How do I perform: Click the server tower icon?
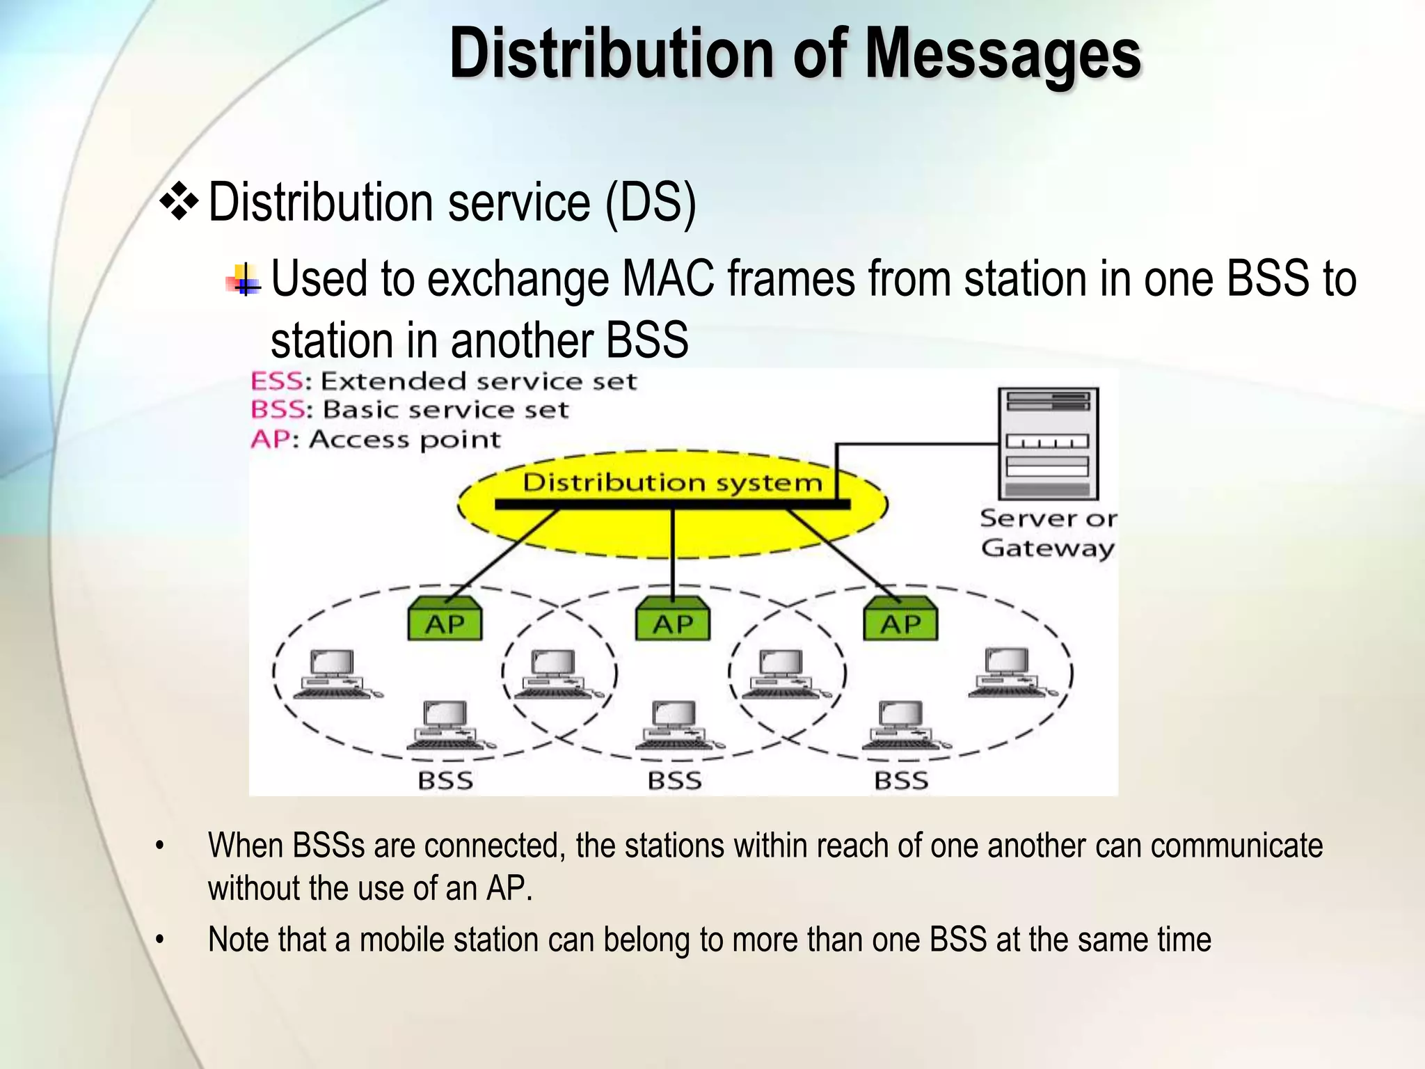coord(1048,443)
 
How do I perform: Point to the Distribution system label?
coord(672,482)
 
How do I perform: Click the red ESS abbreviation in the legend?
coord(276,381)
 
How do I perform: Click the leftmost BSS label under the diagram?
coord(445,780)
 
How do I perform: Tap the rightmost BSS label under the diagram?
coord(901,780)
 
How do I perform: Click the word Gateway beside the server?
coord(1048,548)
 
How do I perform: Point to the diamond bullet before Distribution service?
coord(180,202)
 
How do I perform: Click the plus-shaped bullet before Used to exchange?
coord(244,280)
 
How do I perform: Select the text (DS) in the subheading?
coord(651,203)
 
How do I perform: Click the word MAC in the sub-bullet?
coord(668,279)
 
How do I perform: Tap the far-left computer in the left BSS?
coord(333,673)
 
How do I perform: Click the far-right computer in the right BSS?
coord(1009,671)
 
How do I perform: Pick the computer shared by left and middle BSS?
coord(554,673)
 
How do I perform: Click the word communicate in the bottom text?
coord(1236,846)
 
